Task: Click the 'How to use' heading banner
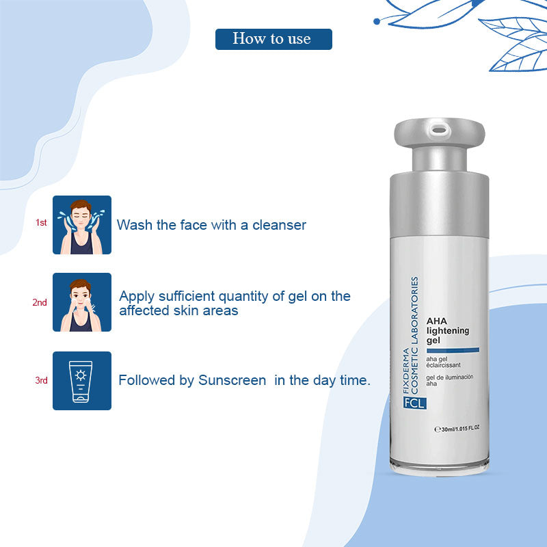pyautogui.click(x=273, y=39)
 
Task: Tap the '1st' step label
pyautogui.click(x=41, y=223)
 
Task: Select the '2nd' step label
pyautogui.click(x=40, y=302)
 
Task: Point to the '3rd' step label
pyautogui.click(x=41, y=380)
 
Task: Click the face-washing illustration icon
pyautogui.click(x=82, y=225)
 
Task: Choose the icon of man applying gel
pyautogui.click(x=82, y=302)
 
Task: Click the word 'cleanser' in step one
pyautogui.click(x=279, y=225)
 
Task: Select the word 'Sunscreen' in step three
pyautogui.click(x=232, y=380)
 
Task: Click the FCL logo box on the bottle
pyautogui.click(x=414, y=403)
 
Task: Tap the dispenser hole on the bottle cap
pyautogui.click(x=439, y=131)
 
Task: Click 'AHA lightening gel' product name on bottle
pyautogui.click(x=448, y=331)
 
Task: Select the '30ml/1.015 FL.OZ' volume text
pyautogui.click(x=457, y=429)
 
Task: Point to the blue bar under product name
pyautogui.click(x=453, y=350)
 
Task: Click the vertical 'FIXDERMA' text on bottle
pyautogui.click(x=405, y=371)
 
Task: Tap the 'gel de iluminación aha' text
pyautogui.click(x=449, y=380)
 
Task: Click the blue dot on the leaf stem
pyautogui.click(x=377, y=22)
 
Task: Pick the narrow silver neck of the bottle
pyautogui.click(x=440, y=159)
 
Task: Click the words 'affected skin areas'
pyautogui.click(x=178, y=310)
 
